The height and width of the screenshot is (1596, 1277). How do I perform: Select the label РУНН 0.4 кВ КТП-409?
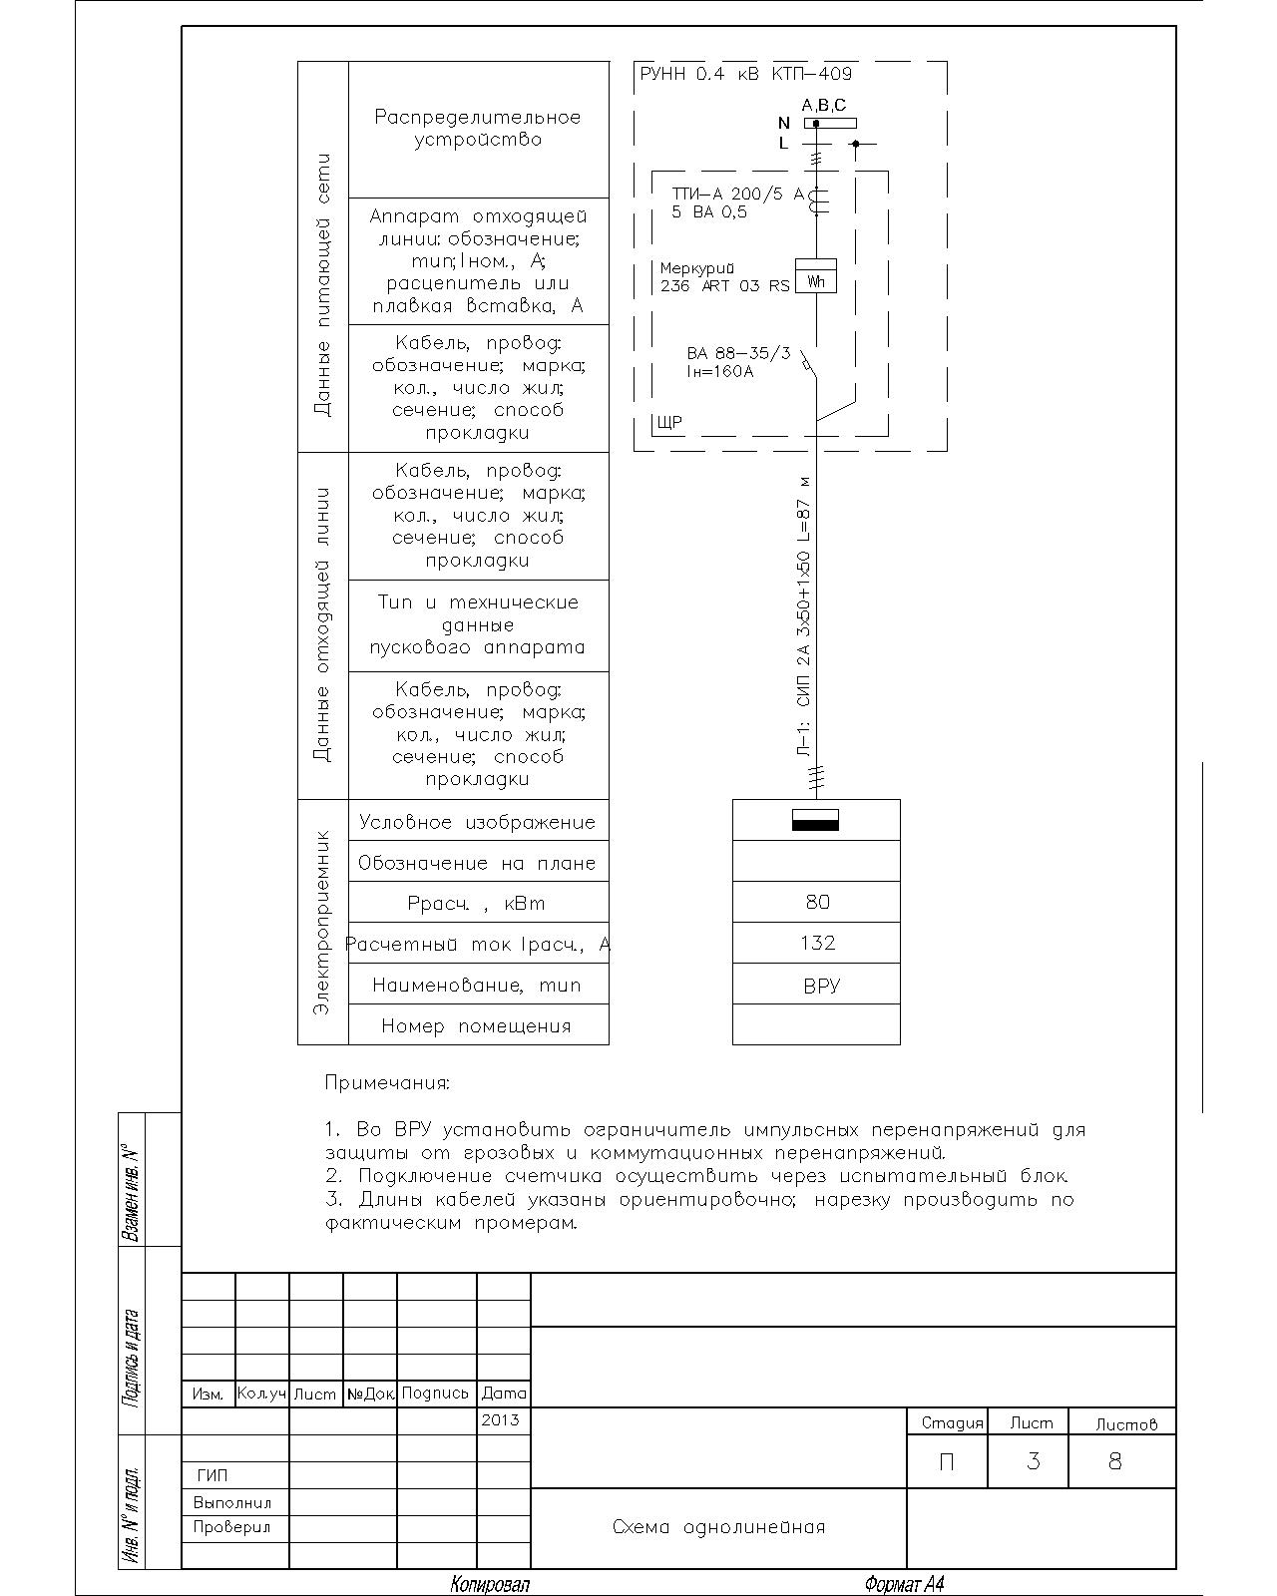coord(745,74)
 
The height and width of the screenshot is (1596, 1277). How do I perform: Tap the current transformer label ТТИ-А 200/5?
coord(737,195)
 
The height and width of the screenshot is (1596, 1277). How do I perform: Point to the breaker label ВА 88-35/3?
coord(738,353)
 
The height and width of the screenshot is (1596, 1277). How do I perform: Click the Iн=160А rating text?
coord(720,372)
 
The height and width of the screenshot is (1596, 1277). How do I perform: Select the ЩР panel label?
coord(669,423)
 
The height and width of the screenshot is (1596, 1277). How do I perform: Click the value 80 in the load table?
coord(817,902)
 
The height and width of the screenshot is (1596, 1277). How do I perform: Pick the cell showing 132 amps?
coord(817,943)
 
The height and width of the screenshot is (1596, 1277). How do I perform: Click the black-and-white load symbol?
coord(815,820)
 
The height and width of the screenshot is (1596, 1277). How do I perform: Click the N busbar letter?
coord(783,124)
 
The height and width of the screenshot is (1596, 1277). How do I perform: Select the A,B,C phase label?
coord(824,106)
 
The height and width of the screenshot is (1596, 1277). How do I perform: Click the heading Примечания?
coord(387,1082)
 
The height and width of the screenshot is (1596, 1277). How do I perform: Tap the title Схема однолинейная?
coord(718,1527)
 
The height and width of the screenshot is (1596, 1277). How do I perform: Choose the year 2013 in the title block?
coord(500,1419)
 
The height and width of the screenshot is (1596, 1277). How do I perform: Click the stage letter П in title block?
coord(946,1461)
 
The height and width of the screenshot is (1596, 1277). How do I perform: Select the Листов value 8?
coord(1115,1461)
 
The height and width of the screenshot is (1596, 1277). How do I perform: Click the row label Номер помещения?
coord(476,1025)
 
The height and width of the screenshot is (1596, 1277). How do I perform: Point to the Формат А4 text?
coord(904,1584)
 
